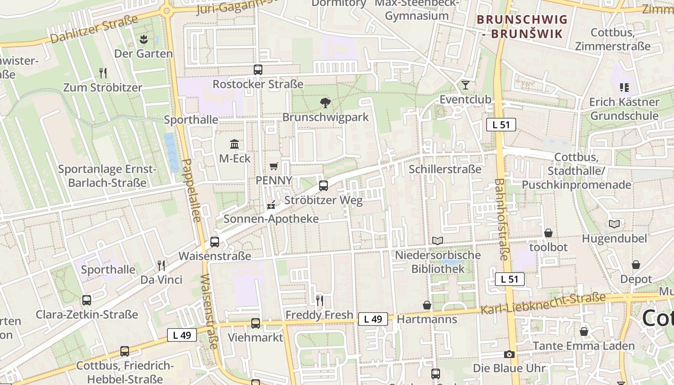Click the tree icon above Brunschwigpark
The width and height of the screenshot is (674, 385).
(x=325, y=103)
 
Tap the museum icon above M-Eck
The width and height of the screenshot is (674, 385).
(x=234, y=144)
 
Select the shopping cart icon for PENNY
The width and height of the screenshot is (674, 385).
(x=274, y=167)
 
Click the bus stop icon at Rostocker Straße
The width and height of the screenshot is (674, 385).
(x=258, y=70)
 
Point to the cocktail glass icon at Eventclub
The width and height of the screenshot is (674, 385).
(x=465, y=85)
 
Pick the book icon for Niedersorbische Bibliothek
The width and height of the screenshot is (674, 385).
(x=437, y=241)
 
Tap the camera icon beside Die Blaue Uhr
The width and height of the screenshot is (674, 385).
(x=509, y=355)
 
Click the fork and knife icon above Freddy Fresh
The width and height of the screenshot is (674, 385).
(x=319, y=301)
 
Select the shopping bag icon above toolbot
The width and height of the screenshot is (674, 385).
(x=548, y=233)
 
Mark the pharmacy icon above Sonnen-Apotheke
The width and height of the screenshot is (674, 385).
(x=271, y=205)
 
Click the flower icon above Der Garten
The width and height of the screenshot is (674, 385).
(x=143, y=39)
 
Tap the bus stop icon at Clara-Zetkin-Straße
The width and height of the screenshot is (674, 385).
(x=87, y=300)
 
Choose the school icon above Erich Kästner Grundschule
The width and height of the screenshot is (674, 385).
(x=624, y=88)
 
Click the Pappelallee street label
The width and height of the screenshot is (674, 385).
(x=192, y=190)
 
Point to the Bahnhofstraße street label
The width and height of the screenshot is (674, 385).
(x=501, y=219)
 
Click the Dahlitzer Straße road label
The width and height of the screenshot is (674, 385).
(x=94, y=30)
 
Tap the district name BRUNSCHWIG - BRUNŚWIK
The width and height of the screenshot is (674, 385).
(x=522, y=26)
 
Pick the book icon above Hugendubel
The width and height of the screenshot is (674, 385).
(x=614, y=224)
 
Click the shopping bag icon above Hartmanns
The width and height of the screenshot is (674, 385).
(x=427, y=305)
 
